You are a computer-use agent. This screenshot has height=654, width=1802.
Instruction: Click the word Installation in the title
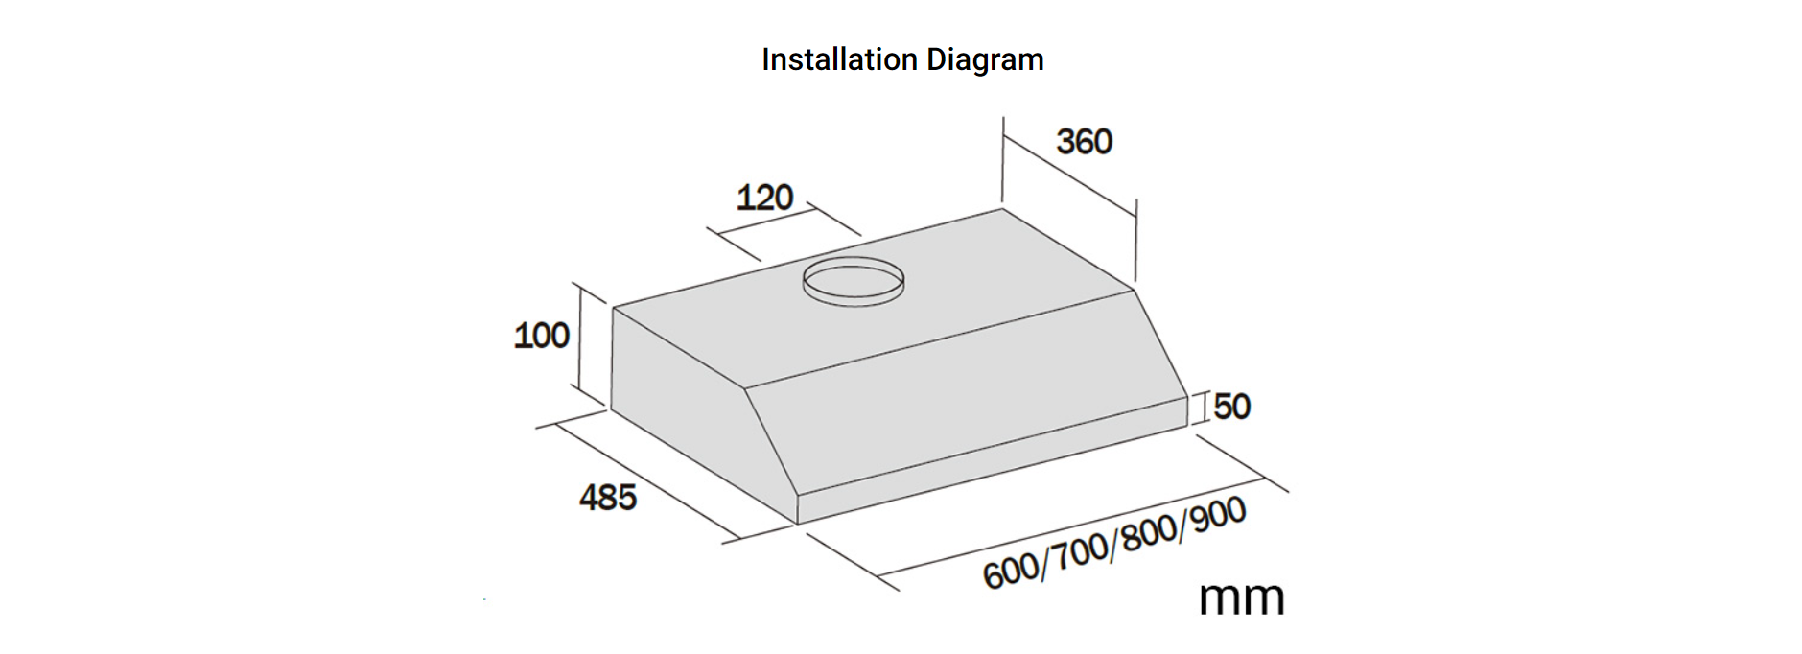(839, 59)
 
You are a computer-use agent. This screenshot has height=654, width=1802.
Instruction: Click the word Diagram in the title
(985, 60)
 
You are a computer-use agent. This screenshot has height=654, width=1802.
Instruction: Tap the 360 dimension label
(1084, 142)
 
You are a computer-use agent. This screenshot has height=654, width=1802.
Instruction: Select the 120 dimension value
(764, 198)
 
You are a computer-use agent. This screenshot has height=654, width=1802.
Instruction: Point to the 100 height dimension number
(541, 336)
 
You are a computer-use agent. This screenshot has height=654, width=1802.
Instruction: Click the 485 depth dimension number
(607, 497)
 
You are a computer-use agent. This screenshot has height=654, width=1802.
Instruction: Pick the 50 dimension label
(1232, 407)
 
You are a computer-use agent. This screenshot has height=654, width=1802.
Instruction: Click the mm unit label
(1241, 597)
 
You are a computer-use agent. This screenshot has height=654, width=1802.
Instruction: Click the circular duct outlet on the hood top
(853, 282)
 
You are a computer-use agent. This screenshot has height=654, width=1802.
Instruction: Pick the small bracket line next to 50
(1200, 408)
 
